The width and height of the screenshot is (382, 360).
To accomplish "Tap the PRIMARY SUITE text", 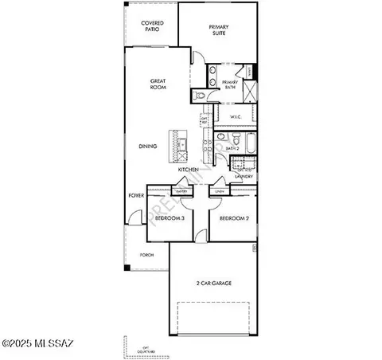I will pos(219,31).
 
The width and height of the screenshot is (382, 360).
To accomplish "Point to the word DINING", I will pos(147,146).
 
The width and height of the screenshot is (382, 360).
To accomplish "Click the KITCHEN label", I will pos(188,170).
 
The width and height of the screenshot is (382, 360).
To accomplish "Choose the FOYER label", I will pos(135,194).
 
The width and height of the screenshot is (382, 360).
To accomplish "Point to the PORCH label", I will pos(146,256).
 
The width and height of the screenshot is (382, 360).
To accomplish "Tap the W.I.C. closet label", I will pos(236,117).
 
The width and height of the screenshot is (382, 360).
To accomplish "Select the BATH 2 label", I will pos(232,148).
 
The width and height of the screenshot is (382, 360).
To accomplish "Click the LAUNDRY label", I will pos(244,176).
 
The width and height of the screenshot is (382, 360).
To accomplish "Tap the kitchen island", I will pos(181,145).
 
